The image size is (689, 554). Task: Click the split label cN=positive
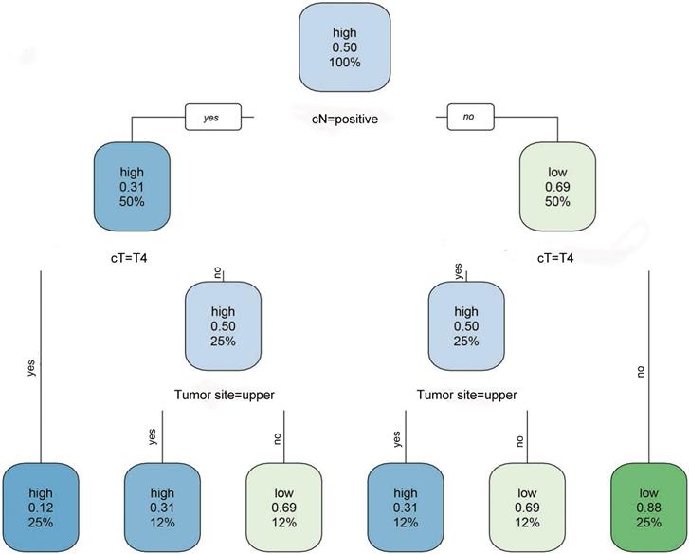coord(346,120)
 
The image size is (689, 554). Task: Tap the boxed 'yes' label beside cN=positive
coord(212,119)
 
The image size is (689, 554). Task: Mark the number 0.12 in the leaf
coord(40,506)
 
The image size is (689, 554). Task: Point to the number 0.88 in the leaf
coord(647,506)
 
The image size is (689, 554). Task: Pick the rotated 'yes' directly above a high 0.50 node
coord(460,271)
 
